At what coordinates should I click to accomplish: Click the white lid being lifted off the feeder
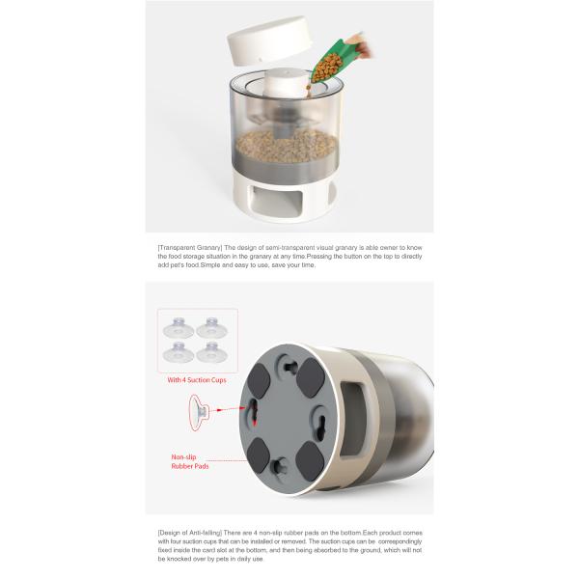pyautogui.click(x=270, y=41)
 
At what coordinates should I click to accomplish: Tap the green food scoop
pyautogui.click(x=331, y=62)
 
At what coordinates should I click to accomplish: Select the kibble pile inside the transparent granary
pyautogui.click(x=287, y=146)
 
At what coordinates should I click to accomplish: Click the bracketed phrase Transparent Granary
pyautogui.click(x=190, y=247)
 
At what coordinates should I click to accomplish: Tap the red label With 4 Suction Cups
pyautogui.click(x=197, y=380)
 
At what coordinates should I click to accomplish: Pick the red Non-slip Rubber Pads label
pyautogui.click(x=190, y=461)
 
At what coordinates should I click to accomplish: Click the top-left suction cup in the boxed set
pyautogui.click(x=179, y=327)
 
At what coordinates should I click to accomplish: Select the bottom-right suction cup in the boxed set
pyautogui.click(x=211, y=352)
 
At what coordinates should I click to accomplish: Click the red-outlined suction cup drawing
pyautogui.click(x=199, y=413)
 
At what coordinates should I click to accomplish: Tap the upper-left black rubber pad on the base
pyautogui.click(x=259, y=381)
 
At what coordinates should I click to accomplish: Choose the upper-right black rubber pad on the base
pyautogui.click(x=311, y=377)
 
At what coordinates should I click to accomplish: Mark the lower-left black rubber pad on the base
pyautogui.click(x=258, y=455)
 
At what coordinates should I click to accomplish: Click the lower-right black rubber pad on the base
pyautogui.click(x=310, y=461)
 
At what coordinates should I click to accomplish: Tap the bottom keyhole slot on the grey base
pyautogui.click(x=280, y=467)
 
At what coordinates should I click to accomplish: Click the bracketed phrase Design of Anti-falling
pyautogui.click(x=190, y=533)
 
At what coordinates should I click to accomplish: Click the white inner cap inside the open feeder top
pyautogui.click(x=288, y=83)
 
